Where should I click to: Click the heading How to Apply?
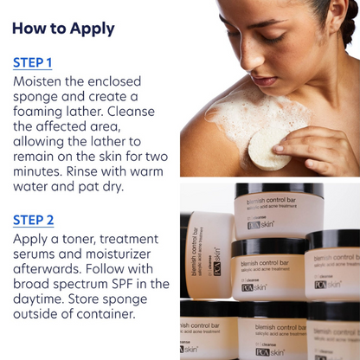tap(63, 28)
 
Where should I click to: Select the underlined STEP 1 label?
tap(33, 62)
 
